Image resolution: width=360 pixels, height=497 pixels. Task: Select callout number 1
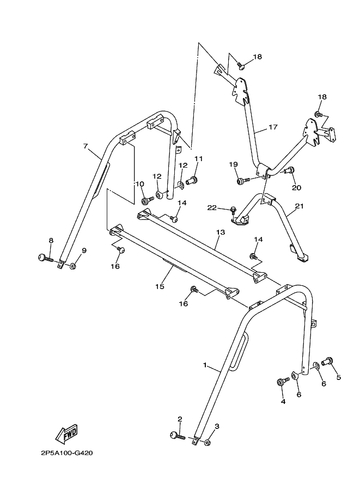coord(205,366)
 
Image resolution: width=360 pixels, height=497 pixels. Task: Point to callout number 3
coord(216,426)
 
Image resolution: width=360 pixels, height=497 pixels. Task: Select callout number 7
coord(86,146)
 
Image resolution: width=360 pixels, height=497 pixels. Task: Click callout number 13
coord(220,232)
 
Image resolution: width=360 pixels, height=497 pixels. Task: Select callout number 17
coord(273,127)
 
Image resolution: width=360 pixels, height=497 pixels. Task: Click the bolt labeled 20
coord(290,171)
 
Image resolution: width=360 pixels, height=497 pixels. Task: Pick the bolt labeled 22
coord(233,208)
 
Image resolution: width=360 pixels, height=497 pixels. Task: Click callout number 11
coord(198,158)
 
